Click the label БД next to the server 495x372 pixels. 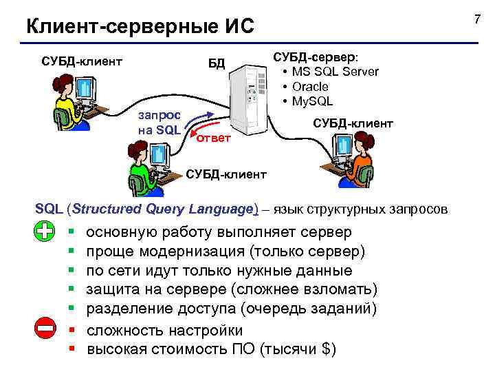pos(217,64)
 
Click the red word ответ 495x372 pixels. pos(214,140)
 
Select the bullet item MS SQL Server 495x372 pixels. pos(334,72)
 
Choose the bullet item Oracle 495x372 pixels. pos(310,87)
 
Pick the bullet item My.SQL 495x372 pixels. pos(312,101)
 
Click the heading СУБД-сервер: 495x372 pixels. pos(320,56)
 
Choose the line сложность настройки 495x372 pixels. pos(164,330)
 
